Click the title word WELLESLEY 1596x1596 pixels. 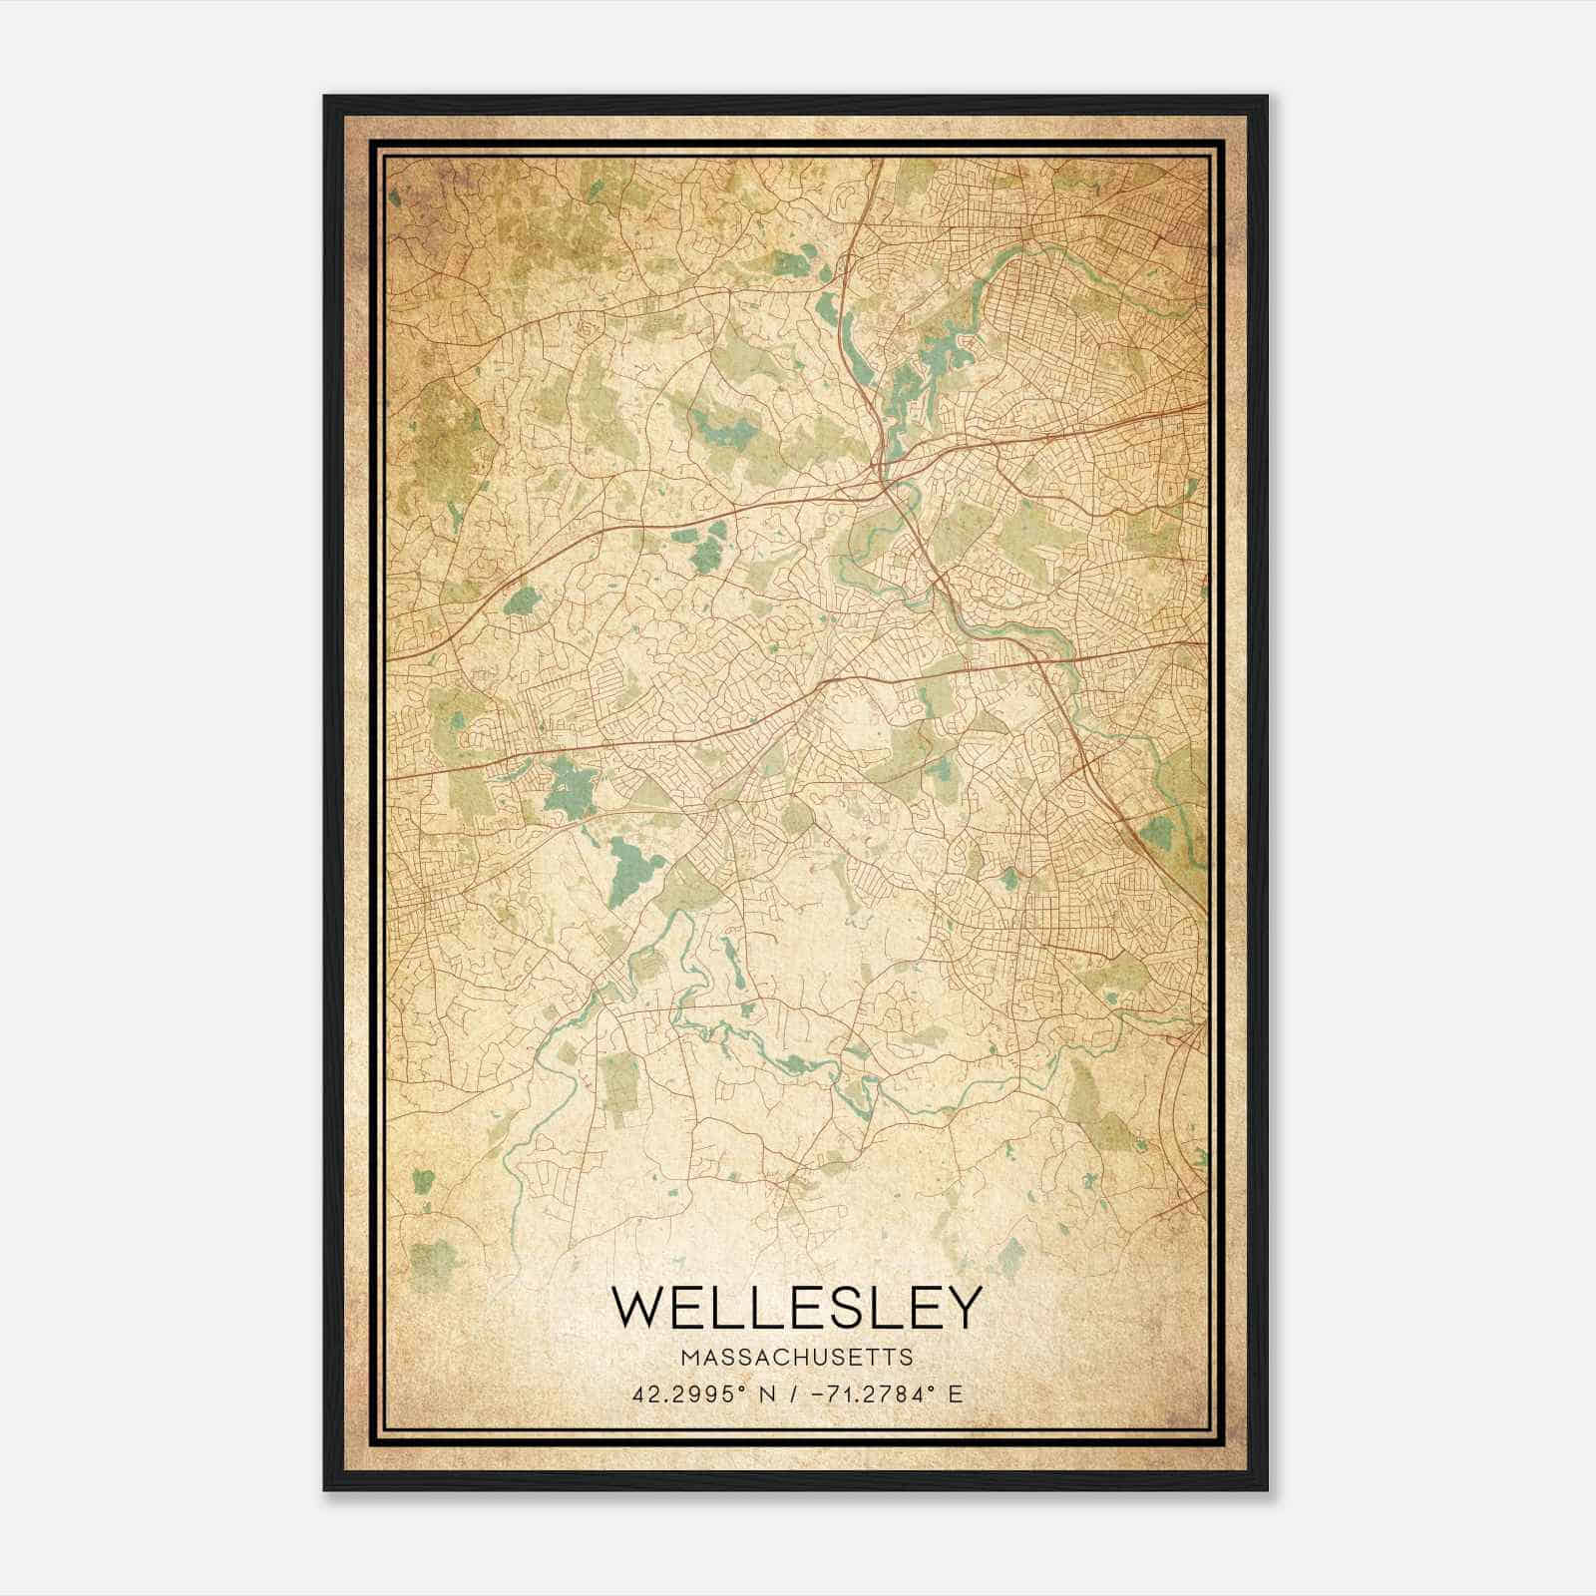[x=797, y=1307]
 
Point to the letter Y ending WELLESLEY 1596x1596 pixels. [x=961, y=1307]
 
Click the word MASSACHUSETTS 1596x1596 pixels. [x=796, y=1358]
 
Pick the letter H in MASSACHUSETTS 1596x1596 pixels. [x=804, y=1358]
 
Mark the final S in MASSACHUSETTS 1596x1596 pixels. [x=906, y=1358]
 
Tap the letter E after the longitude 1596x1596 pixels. [x=956, y=1394]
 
